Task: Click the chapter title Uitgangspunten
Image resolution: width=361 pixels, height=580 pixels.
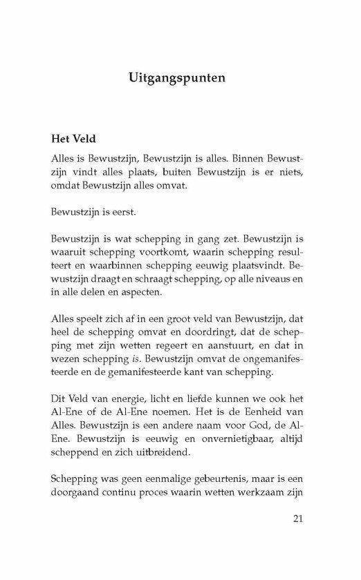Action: [x=178, y=77]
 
